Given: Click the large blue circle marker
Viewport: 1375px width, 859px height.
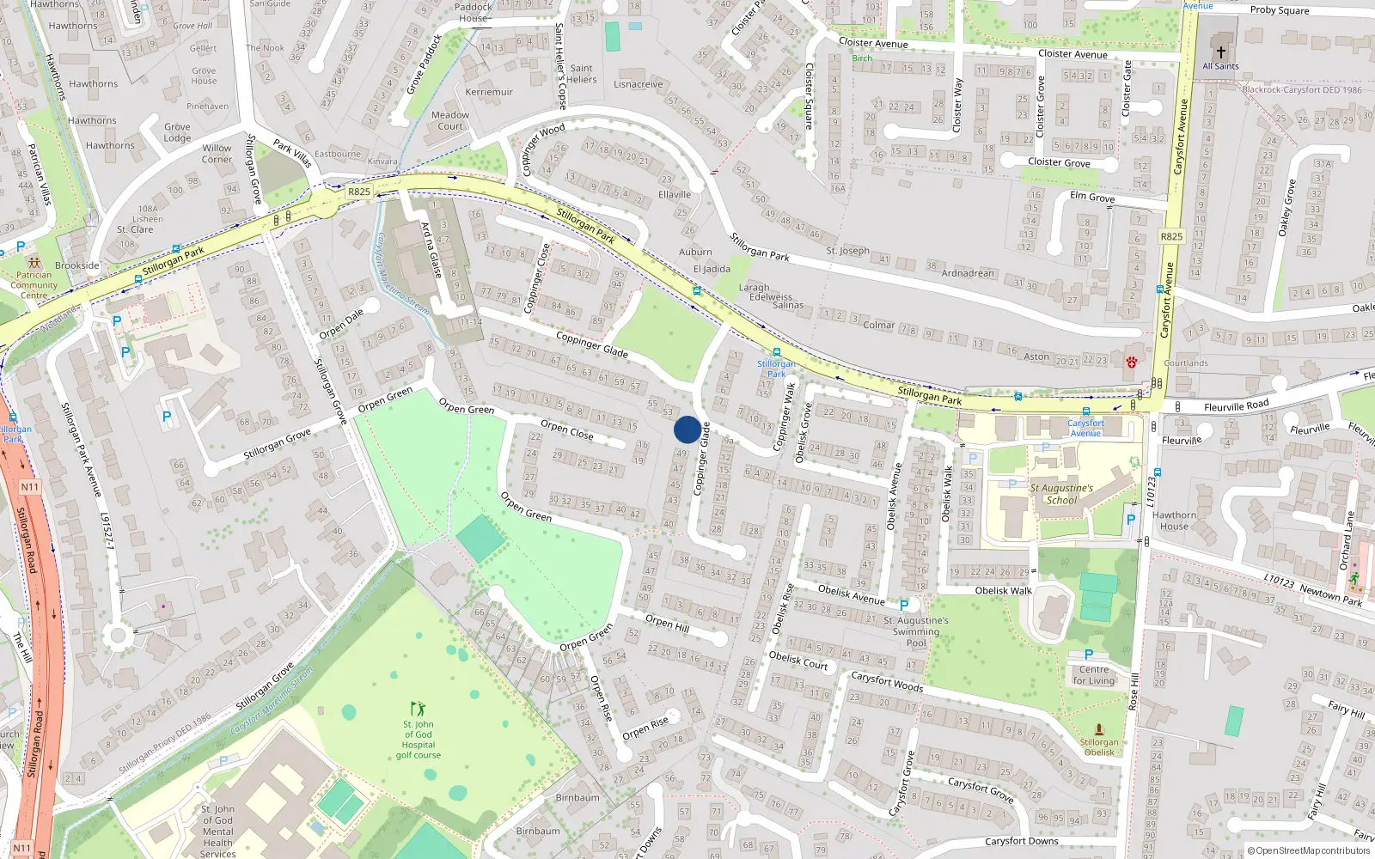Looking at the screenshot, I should point(687,429).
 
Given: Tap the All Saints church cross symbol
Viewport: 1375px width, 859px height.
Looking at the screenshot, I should point(1220,52).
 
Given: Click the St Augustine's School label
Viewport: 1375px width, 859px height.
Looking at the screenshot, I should point(1061,494).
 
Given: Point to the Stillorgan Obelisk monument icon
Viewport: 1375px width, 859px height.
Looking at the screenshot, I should point(1098,728).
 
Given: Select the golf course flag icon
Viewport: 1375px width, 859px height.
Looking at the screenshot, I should point(418,709).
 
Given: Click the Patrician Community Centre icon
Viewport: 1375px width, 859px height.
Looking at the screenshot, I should point(34,263).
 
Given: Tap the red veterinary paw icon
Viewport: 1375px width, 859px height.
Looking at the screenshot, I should point(1132,362).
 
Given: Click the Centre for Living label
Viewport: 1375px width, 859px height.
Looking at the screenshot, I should point(1093,675).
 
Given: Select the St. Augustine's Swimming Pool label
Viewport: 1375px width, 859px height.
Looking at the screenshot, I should point(916,631).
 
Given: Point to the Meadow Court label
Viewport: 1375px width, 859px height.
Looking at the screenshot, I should point(450,120).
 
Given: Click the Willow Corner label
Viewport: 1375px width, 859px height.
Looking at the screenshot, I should point(217,153).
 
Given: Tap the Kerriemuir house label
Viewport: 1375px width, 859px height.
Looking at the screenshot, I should point(489,92).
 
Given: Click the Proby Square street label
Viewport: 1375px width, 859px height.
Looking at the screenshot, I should point(1280,10).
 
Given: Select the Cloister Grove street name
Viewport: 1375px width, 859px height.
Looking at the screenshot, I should point(1059,162).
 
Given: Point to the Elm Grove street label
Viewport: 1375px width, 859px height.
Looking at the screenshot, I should point(1092,197).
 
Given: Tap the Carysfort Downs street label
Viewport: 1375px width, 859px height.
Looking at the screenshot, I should point(1021,841).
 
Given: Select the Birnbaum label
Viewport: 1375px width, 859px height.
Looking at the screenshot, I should point(577,797).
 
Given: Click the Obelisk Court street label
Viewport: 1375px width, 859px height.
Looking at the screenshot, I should point(798,660).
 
